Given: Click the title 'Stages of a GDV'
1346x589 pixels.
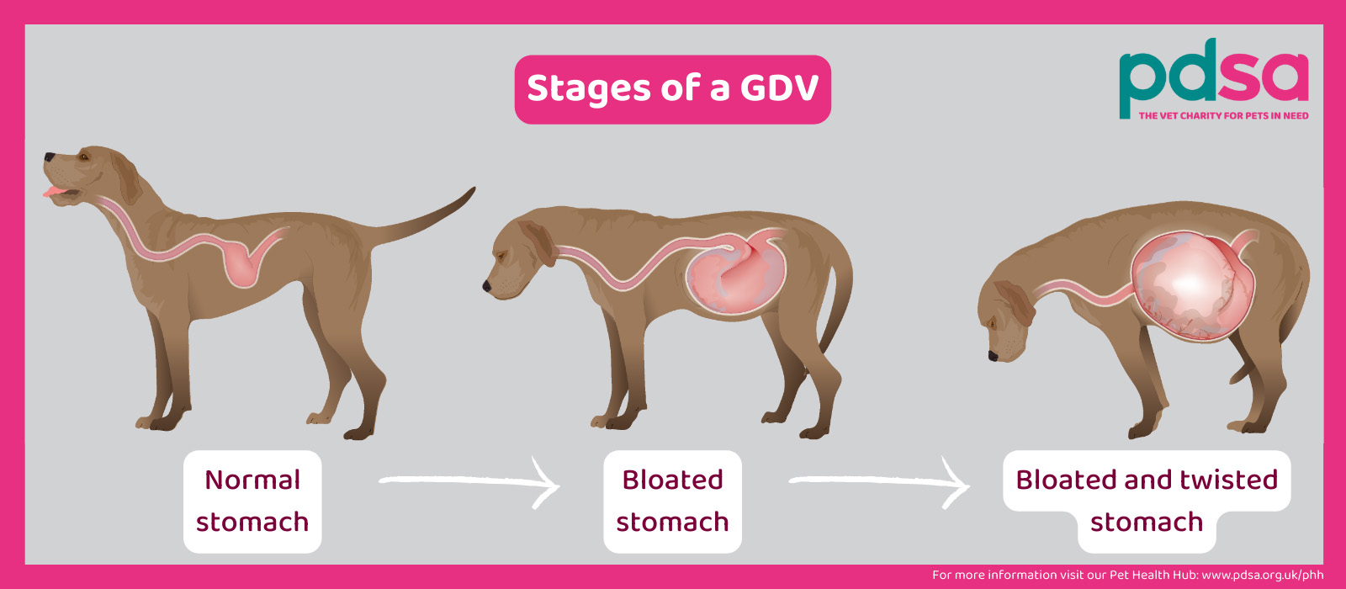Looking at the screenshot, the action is [672, 88].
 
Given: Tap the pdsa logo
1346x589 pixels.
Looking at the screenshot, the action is [1213, 79].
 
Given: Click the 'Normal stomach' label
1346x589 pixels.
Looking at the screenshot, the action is [252, 501].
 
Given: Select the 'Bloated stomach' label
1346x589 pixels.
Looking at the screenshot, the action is [672, 501].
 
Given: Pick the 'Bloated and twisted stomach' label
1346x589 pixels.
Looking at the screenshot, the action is [1147, 501].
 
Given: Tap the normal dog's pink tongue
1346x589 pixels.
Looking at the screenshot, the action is [54, 191].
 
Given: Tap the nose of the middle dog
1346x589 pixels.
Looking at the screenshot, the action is [487, 287].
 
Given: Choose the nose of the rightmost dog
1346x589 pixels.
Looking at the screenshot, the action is [993, 357].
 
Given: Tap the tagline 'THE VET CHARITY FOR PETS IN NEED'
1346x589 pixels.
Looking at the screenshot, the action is [1223, 115].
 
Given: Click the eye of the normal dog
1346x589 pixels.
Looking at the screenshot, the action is [83, 157].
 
